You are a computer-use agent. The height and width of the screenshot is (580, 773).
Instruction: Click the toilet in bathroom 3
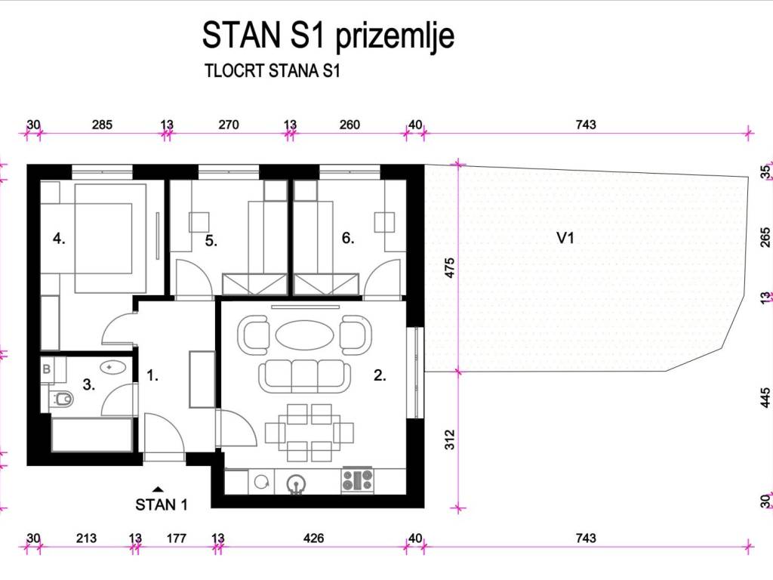61,399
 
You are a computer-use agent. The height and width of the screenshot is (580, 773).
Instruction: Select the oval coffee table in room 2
304,335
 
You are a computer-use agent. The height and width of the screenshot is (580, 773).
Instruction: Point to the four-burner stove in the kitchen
358,480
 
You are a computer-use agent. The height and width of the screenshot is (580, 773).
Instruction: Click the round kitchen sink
296,483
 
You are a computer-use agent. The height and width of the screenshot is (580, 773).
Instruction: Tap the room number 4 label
59,239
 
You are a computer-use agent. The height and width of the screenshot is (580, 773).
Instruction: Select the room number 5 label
211,241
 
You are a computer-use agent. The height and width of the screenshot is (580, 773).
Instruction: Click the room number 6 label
348,238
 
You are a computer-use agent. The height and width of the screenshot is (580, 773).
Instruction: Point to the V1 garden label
565,238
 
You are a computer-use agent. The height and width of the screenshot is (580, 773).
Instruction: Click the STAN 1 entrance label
162,505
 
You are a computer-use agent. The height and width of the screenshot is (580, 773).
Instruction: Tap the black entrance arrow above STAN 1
158,489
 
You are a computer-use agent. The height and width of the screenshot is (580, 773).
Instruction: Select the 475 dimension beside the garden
449,268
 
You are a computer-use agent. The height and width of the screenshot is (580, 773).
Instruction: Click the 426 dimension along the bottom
313,538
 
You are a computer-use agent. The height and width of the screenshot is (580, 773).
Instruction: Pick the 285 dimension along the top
102,125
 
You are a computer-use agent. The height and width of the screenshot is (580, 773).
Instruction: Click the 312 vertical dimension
449,440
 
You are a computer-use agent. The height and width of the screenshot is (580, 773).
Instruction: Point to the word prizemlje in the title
395,36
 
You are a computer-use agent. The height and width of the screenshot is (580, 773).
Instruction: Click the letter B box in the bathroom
47,369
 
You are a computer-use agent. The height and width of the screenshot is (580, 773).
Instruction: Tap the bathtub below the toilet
91,434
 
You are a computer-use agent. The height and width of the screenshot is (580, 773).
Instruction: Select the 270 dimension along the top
229,125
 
